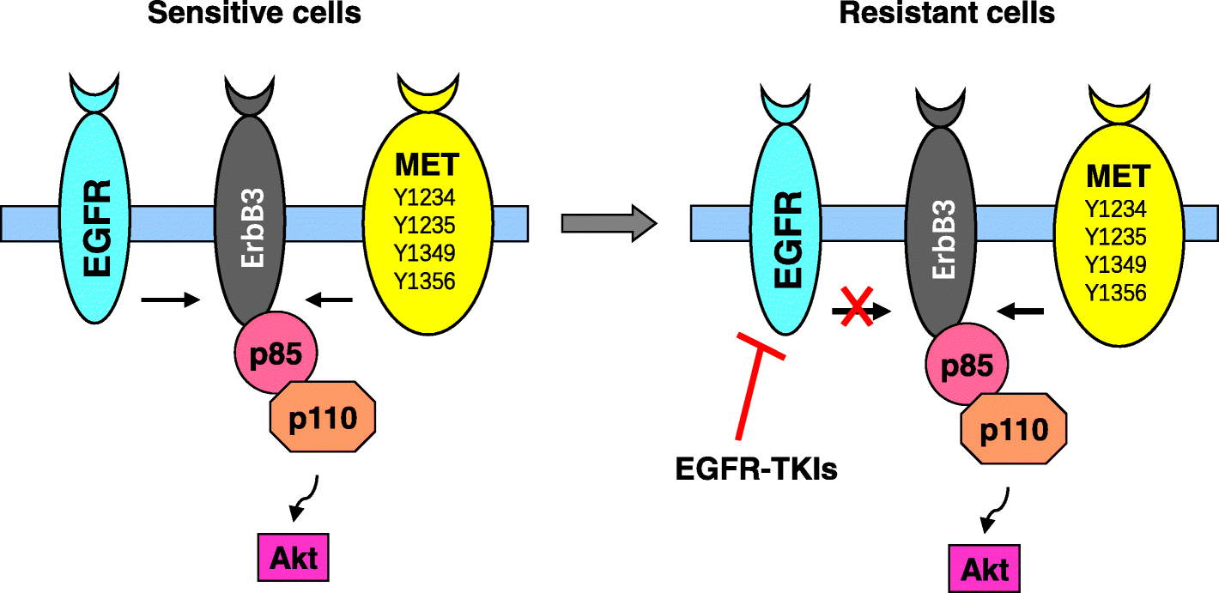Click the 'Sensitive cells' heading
click(x=254, y=14)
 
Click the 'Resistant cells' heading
click(x=947, y=14)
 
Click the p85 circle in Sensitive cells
click(x=275, y=353)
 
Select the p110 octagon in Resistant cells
click(x=1014, y=429)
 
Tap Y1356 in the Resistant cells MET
click(x=1115, y=293)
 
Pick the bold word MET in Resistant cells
click(x=1117, y=177)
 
